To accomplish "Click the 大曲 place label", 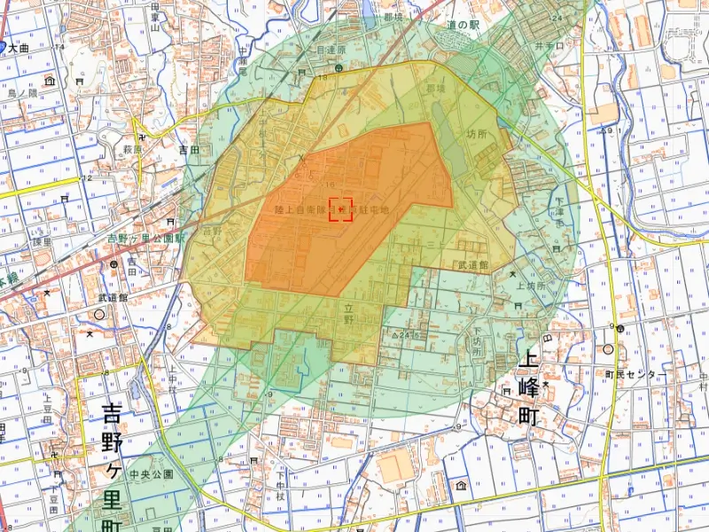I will (19, 50).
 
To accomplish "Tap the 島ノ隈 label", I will (22, 92).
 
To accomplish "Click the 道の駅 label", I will (463, 27).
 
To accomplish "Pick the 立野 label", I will (350, 311).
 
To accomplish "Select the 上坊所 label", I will (530, 286).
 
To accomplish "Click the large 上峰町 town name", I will (529, 388).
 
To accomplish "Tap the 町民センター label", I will (634, 375).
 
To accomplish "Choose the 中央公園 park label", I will (151, 475).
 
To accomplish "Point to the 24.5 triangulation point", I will (404, 336).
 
